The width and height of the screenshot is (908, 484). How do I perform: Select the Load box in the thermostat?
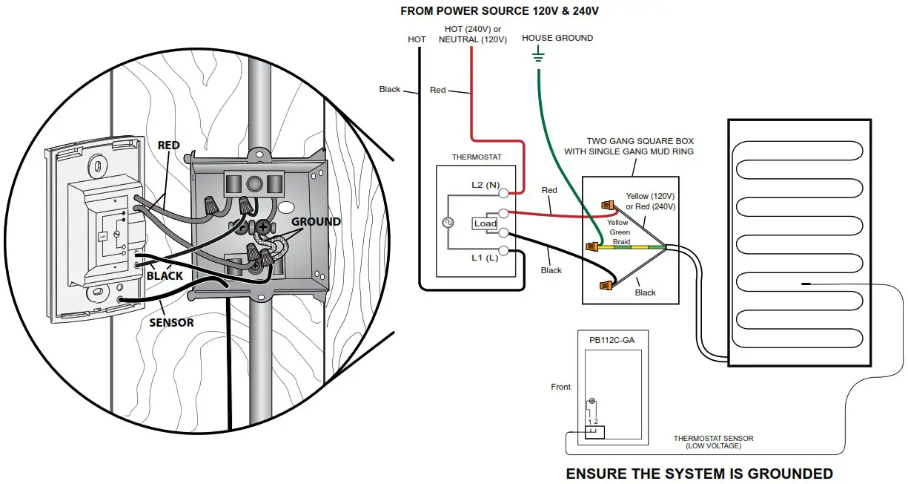coord(486,223)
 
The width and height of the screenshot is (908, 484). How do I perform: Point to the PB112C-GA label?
coord(612,340)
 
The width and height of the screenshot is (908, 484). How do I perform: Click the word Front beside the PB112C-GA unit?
coord(561,387)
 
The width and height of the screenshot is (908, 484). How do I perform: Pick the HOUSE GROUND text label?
coord(557,38)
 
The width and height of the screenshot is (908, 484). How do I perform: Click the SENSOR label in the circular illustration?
coord(171,323)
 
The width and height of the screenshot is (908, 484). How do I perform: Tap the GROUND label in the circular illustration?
coord(316,222)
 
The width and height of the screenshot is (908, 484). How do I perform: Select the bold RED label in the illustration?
coord(169,145)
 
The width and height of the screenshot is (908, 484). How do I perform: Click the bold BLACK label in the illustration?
coord(165,275)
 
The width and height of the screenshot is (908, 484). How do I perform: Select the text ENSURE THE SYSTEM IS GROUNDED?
coord(699,474)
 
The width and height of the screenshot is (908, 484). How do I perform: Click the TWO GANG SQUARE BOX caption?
coord(640,146)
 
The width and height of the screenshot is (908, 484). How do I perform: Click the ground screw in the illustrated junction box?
coord(262,227)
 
